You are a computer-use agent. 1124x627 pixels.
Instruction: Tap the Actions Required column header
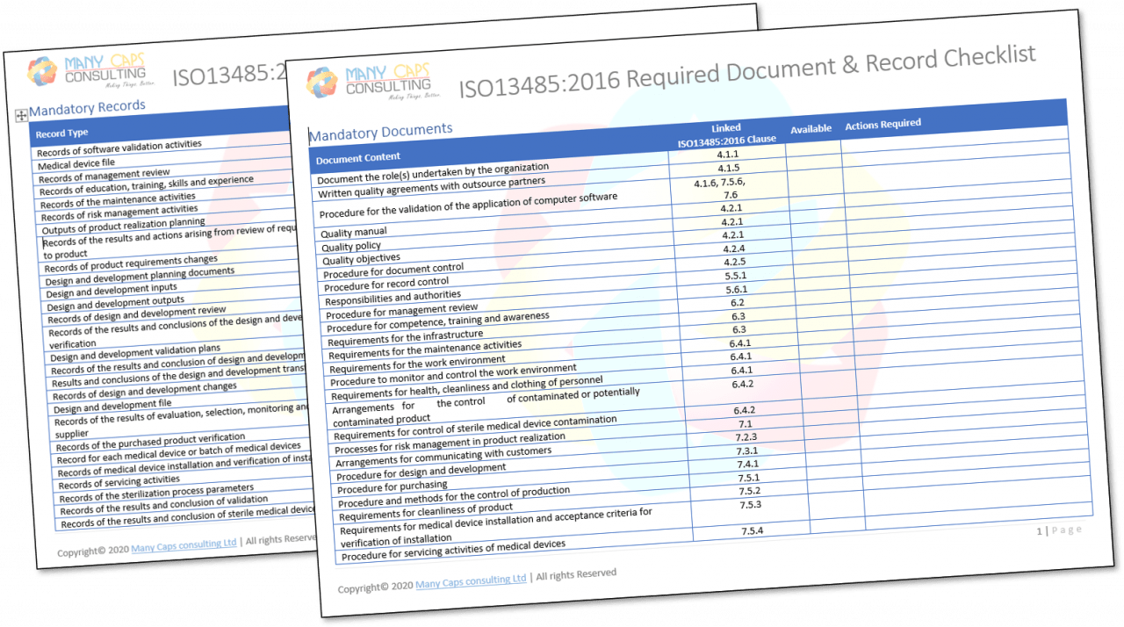883,125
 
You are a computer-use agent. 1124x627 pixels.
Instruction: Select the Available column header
811,129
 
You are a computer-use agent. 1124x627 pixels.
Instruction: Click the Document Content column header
358,159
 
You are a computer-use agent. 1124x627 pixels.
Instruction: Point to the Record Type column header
61,133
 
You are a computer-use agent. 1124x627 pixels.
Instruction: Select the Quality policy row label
351,247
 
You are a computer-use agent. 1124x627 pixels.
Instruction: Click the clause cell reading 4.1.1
728,154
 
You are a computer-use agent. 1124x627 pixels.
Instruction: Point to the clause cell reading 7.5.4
752,531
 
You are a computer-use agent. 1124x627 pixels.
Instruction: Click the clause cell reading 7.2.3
746,437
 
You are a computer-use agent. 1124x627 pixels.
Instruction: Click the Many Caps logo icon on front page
322,83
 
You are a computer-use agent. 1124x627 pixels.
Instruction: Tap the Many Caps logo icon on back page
42,71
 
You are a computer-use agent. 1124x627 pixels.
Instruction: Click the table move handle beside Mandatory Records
21,116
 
